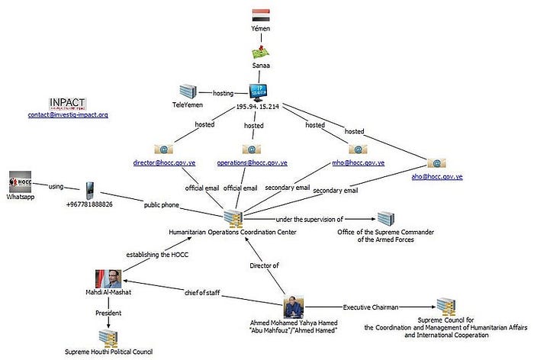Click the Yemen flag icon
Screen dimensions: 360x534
tap(261, 14)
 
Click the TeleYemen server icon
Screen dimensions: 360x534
tap(188, 92)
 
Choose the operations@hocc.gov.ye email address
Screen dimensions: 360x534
tap(253, 163)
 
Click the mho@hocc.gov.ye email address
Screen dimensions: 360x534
tap(358, 163)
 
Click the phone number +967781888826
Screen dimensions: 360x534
tap(89, 204)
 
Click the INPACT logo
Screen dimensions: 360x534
tap(67, 104)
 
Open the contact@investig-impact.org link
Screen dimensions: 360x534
tap(67, 115)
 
